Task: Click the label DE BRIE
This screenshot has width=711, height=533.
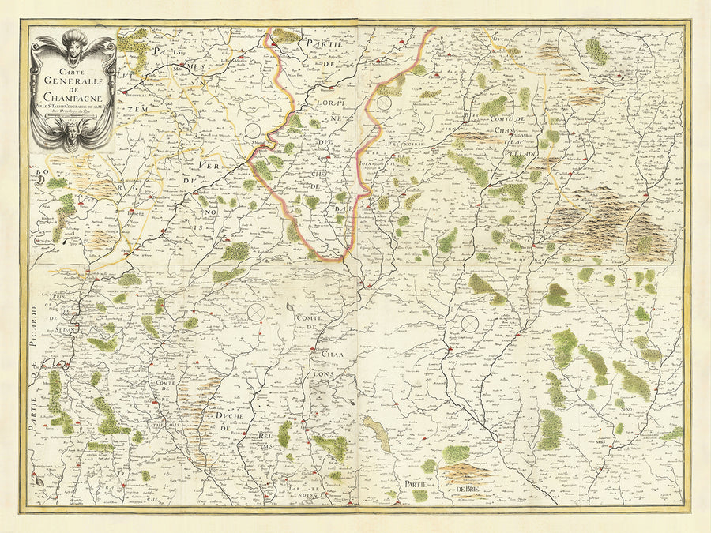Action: [469, 492]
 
